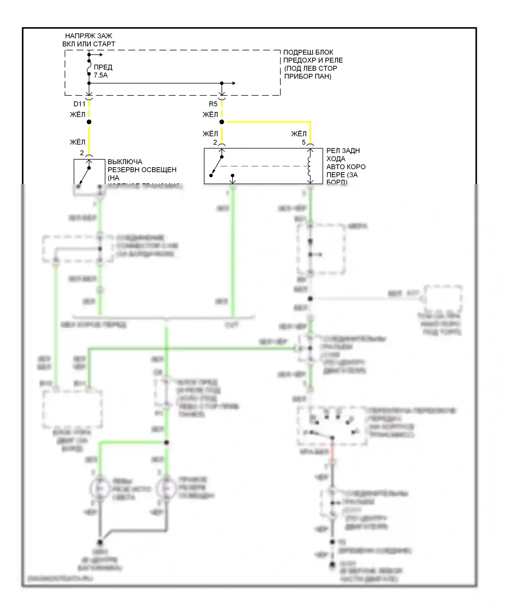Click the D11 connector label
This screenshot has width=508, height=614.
pos(79,104)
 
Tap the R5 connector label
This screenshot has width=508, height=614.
pos(213,104)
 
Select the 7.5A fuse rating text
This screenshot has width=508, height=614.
pos(101,75)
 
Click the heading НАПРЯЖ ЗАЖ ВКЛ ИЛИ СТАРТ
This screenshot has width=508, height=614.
pos(88,40)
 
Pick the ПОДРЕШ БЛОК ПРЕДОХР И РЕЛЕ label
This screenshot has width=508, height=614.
pos(313,64)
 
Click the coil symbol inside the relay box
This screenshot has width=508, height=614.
pos(310,166)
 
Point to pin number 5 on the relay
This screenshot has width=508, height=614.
pos(304,143)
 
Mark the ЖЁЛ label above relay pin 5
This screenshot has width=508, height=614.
pos(298,134)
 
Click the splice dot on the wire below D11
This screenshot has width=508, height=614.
pos(89,122)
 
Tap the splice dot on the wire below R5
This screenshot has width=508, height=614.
pos(222,122)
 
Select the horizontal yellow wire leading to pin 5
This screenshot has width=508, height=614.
pos(268,122)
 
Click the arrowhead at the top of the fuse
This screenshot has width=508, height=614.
pos(100,54)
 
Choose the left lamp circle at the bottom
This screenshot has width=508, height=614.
pos(100,488)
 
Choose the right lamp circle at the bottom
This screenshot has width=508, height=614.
pos(166,488)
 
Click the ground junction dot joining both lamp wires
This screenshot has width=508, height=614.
pos(100,542)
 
